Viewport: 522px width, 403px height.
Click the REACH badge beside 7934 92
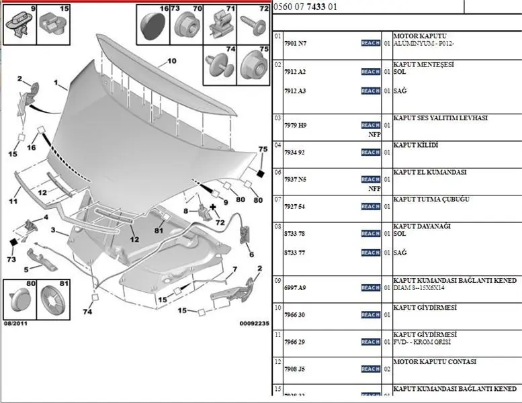[x=370, y=152]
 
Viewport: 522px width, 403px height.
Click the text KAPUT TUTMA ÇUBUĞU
[x=431, y=199]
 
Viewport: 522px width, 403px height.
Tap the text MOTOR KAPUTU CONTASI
[x=434, y=362]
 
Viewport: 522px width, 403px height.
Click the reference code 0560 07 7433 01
[x=306, y=7]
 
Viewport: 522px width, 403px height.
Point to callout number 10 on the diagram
[x=171, y=61]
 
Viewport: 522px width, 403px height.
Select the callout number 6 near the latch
[x=251, y=255]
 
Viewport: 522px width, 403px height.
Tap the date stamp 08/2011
[x=17, y=323]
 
